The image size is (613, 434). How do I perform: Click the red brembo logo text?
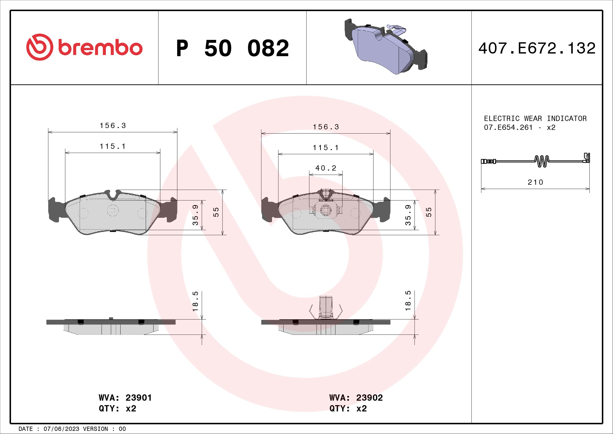click(99, 48)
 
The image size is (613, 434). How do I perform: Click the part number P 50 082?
click(232, 48)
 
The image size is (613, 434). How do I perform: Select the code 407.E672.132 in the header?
click(537, 48)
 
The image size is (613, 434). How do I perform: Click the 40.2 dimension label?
click(326, 168)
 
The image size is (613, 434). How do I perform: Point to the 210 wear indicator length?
click(535, 182)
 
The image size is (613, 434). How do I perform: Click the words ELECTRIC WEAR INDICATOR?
click(535, 118)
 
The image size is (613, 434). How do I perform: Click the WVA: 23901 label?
click(125, 398)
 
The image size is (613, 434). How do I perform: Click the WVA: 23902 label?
click(356, 398)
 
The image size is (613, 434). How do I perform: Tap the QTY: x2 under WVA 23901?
click(117, 409)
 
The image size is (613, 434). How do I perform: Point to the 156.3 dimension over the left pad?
click(113, 126)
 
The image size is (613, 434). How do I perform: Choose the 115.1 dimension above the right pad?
click(326, 148)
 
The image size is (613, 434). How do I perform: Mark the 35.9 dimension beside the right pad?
click(408, 215)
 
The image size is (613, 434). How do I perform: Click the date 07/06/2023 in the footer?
click(61, 429)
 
